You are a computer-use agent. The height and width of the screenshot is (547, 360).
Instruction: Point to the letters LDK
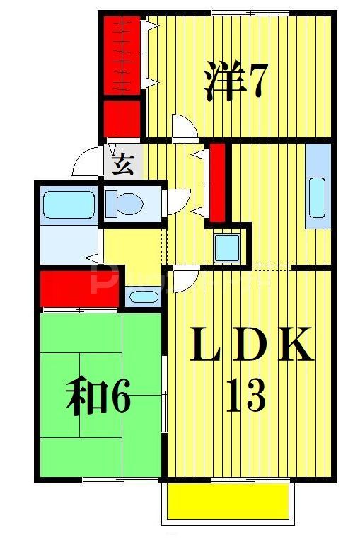click(x=251, y=345)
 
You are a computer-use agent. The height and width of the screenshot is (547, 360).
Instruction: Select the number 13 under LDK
click(x=245, y=396)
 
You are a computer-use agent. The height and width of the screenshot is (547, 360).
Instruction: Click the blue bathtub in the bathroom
click(x=68, y=205)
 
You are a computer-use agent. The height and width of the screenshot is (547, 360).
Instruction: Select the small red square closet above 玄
click(x=121, y=118)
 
